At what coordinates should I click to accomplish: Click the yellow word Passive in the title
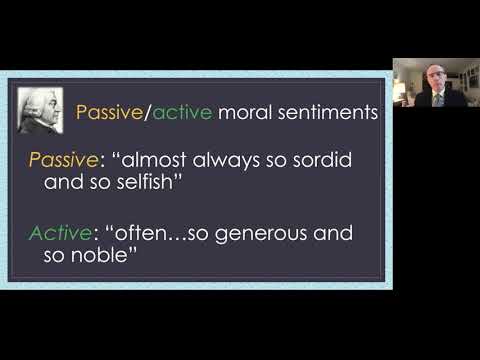(111, 113)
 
